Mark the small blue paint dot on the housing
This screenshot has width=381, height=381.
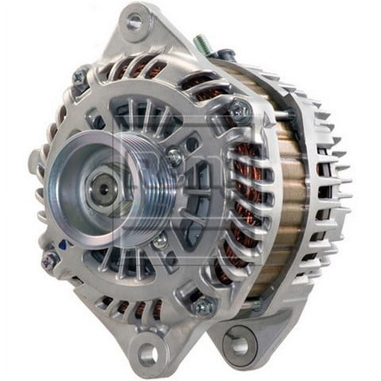(62, 245)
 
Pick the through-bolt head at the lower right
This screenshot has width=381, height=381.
(204, 306)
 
